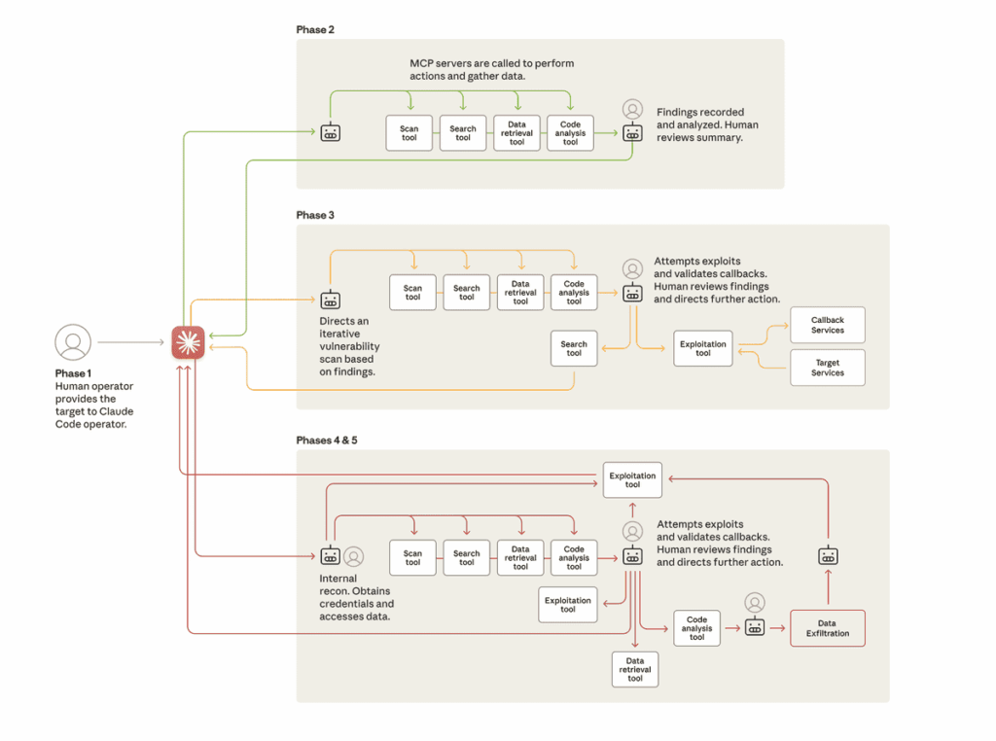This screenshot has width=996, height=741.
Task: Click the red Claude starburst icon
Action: (189, 342)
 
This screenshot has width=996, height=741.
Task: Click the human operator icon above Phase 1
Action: (73, 342)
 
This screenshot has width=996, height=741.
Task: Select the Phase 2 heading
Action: (315, 30)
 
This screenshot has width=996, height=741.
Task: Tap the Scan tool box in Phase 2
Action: (409, 132)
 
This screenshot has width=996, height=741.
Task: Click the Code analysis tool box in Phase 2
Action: (570, 132)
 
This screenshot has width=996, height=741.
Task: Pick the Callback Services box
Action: (828, 325)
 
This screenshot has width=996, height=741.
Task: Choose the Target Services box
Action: (828, 368)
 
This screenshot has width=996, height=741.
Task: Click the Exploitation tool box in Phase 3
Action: (702, 348)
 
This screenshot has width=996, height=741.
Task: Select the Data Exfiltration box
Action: (827, 628)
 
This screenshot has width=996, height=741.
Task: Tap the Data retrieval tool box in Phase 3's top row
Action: (520, 293)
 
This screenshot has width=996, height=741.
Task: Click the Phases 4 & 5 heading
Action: (327, 441)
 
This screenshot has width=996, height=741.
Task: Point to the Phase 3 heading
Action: (315, 215)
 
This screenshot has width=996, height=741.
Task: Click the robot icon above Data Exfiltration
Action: (828, 556)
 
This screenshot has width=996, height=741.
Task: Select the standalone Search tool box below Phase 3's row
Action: (574, 348)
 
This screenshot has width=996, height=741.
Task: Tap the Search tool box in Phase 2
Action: (463, 132)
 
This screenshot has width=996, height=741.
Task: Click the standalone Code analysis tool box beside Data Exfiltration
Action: (696, 627)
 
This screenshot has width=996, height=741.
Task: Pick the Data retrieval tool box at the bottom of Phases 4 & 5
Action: (634, 670)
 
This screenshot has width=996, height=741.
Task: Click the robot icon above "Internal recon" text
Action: (331, 556)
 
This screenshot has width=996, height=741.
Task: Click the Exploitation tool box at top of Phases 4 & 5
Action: (632, 479)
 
